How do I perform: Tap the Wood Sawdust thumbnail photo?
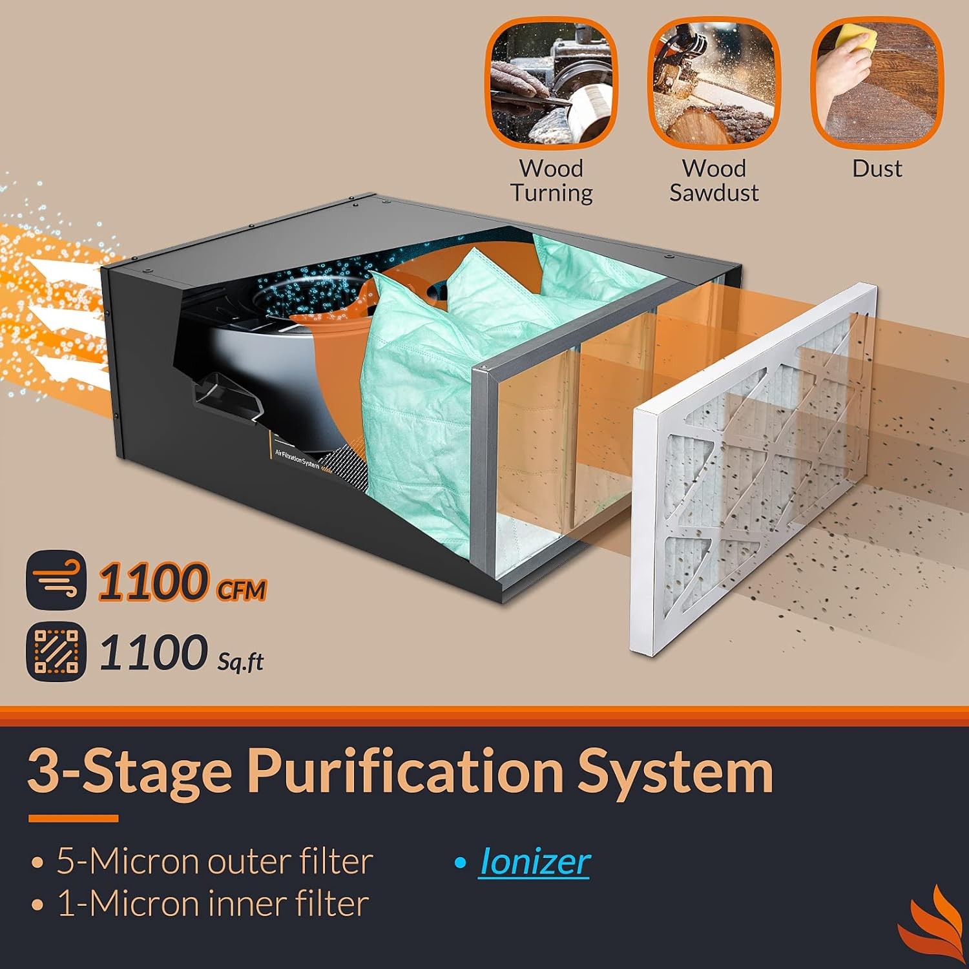pos(713,83)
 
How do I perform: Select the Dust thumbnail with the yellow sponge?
pos(877,83)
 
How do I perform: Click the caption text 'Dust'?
pos(877,169)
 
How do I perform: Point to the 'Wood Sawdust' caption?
pos(714,181)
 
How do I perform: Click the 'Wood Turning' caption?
pos(551,181)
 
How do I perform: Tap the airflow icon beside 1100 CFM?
pos(56,579)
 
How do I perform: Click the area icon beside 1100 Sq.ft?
pos(56,651)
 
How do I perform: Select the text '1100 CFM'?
pos(182,583)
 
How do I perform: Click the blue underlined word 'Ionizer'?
pos(534,862)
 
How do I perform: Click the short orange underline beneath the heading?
pos(73,818)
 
